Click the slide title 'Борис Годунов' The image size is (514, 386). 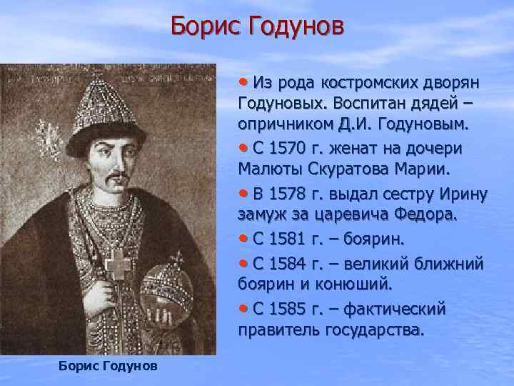pyautogui.click(x=257, y=28)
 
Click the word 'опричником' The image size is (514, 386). pyautogui.click(x=281, y=125)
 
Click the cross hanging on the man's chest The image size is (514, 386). pyautogui.click(x=116, y=266)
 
